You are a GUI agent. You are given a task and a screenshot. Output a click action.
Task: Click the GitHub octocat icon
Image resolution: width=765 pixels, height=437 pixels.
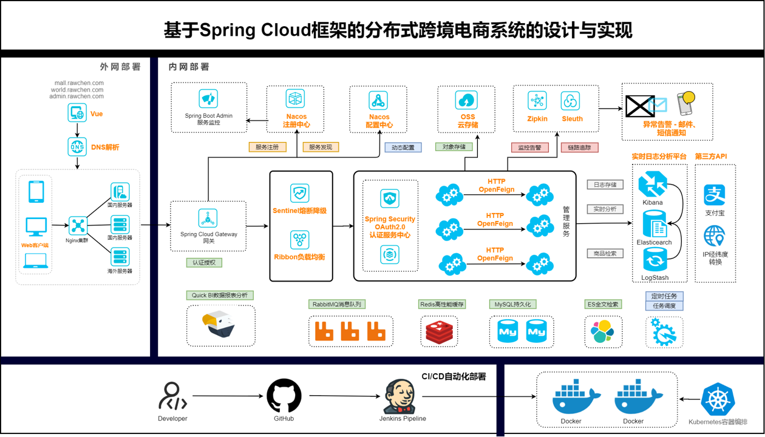(x=284, y=396)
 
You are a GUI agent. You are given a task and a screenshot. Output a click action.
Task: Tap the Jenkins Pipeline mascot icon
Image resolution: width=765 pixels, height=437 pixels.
(x=401, y=396)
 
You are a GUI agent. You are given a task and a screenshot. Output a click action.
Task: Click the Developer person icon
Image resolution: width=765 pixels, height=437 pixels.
(x=172, y=396)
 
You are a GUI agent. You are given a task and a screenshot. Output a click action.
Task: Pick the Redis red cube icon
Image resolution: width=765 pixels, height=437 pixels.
(x=440, y=332)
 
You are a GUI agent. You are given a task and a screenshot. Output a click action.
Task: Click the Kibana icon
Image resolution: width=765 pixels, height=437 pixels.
(x=653, y=185)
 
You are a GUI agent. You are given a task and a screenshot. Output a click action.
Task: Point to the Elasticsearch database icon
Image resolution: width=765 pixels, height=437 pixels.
(x=654, y=224)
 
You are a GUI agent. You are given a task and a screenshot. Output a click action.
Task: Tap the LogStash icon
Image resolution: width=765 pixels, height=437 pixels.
(x=654, y=260)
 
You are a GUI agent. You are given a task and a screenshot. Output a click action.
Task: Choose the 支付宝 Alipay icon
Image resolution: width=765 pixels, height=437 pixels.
(x=715, y=195)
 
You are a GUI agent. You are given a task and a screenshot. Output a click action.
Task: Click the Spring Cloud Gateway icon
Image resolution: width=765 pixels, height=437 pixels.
(x=208, y=218)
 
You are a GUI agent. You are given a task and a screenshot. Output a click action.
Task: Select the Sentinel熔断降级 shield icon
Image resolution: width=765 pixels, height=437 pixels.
(x=299, y=194)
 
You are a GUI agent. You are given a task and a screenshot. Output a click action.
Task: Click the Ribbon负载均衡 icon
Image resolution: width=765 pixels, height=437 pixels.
(x=299, y=240)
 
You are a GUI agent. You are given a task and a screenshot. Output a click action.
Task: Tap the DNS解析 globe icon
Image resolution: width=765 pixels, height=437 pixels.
(x=77, y=147)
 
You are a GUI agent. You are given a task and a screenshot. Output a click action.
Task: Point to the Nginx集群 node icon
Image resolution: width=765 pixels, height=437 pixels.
(x=78, y=226)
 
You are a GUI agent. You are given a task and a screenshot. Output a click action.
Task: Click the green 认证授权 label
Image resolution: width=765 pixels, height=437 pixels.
(x=204, y=263)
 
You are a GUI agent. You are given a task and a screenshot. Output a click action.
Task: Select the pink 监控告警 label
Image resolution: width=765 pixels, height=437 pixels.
(x=529, y=147)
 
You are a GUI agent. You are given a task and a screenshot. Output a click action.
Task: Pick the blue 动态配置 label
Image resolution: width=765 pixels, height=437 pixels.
(x=403, y=147)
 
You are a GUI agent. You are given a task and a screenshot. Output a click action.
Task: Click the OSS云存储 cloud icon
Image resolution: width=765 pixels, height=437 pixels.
(x=466, y=100)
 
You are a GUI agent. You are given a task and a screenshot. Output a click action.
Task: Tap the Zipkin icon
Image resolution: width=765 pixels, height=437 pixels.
(x=537, y=101)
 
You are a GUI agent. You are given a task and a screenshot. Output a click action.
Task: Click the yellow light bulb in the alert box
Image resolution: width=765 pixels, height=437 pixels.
(x=687, y=100)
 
